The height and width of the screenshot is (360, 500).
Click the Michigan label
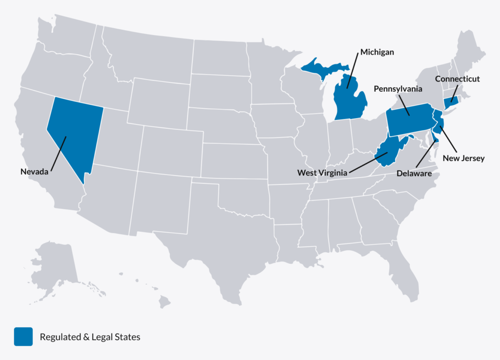tap(377, 51)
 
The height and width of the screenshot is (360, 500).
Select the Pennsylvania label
tap(398, 89)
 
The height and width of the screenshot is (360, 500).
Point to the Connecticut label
tap(458, 79)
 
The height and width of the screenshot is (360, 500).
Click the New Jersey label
tap(463, 158)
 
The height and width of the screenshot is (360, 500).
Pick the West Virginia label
tap(323, 172)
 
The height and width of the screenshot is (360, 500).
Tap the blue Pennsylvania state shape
tap(409, 120)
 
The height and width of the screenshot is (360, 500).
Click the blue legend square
tap(23, 337)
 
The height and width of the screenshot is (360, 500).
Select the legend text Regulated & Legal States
tap(90, 337)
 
